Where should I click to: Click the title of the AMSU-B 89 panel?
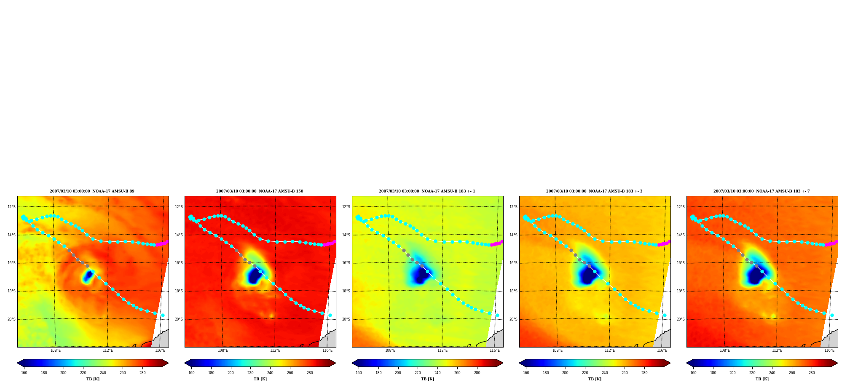(x=92, y=191)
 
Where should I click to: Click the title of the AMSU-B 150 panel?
(x=260, y=191)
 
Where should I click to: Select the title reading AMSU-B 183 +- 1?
(x=427, y=191)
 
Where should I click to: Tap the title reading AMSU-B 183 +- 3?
(x=594, y=191)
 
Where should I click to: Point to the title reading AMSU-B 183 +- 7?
(x=762, y=191)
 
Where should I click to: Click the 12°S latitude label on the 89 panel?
(x=11, y=207)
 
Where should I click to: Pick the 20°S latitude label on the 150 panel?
(x=179, y=319)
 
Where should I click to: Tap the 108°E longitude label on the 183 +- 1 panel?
(x=390, y=350)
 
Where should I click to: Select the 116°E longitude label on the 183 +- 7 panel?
(x=829, y=350)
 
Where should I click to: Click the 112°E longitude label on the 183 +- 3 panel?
(x=610, y=350)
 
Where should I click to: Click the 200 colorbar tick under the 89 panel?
(x=63, y=373)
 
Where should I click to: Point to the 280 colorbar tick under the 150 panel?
(x=310, y=373)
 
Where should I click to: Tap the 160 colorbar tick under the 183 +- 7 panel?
(x=693, y=373)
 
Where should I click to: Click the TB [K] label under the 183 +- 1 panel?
(x=427, y=379)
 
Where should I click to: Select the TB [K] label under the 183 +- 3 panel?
(x=595, y=379)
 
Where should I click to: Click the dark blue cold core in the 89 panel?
(x=88, y=276)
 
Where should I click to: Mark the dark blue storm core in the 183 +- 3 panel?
(x=588, y=275)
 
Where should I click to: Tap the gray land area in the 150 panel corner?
(x=329, y=340)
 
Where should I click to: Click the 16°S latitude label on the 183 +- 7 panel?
(x=681, y=263)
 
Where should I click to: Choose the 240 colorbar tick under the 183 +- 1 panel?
(x=437, y=373)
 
